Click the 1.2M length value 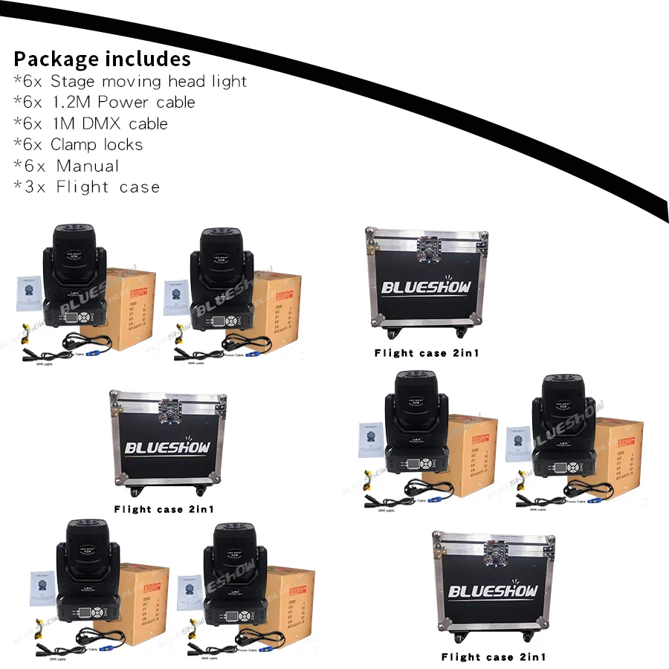(71, 102)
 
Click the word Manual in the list (88, 166)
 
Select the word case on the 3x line (140, 187)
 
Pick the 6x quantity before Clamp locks (31, 145)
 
